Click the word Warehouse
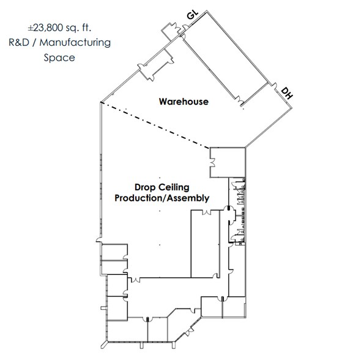click(184, 102)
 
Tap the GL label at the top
click(193, 15)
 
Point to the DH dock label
click(287, 93)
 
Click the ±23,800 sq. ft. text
click(59, 28)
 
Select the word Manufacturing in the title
click(75, 43)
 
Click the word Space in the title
click(59, 58)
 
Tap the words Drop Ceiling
click(162, 187)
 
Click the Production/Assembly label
click(162, 198)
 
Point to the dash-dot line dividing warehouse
click(155, 125)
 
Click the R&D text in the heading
click(19, 43)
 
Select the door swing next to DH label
click(275, 86)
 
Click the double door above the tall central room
click(206, 212)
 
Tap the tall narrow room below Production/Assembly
click(205, 244)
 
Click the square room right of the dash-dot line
click(228, 162)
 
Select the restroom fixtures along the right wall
click(242, 211)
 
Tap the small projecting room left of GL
click(170, 31)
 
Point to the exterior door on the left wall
click(99, 240)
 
